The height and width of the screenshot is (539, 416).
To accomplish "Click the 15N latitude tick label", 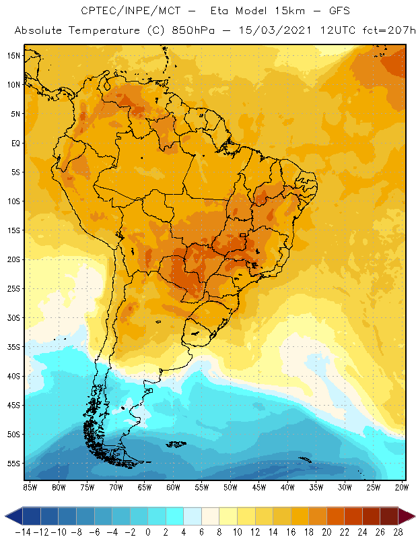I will (13, 55).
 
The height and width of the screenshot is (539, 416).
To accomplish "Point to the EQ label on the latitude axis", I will (15, 143).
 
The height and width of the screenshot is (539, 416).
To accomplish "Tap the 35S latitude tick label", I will (13, 347).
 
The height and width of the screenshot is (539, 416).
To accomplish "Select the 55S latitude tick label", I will (13, 464).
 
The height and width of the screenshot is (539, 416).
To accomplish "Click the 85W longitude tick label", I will (30, 487).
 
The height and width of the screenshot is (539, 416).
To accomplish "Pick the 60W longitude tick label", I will (173, 487).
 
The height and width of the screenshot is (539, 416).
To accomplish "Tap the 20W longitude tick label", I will (402, 487).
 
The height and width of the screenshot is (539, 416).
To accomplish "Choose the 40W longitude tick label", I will (287, 487).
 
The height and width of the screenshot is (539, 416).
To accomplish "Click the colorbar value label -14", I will (22, 532).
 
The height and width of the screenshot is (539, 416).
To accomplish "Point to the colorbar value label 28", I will (398, 532).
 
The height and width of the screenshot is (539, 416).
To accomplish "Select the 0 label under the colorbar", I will (148, 532).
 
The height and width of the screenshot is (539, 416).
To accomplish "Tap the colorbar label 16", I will (291, 532).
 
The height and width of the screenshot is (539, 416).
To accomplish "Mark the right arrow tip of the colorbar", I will (413, 516).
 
